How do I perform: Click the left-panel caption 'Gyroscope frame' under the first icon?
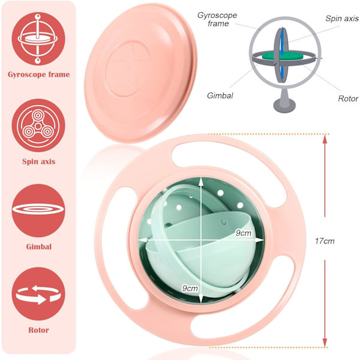point(38,75)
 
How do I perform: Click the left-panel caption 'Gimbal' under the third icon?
point(38,246)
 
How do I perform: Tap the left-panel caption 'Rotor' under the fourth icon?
point(38,329)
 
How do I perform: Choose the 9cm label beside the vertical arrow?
point(190,288)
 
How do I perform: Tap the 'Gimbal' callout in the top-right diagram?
point(221,95)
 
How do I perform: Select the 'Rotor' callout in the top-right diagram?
point(347,98)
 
